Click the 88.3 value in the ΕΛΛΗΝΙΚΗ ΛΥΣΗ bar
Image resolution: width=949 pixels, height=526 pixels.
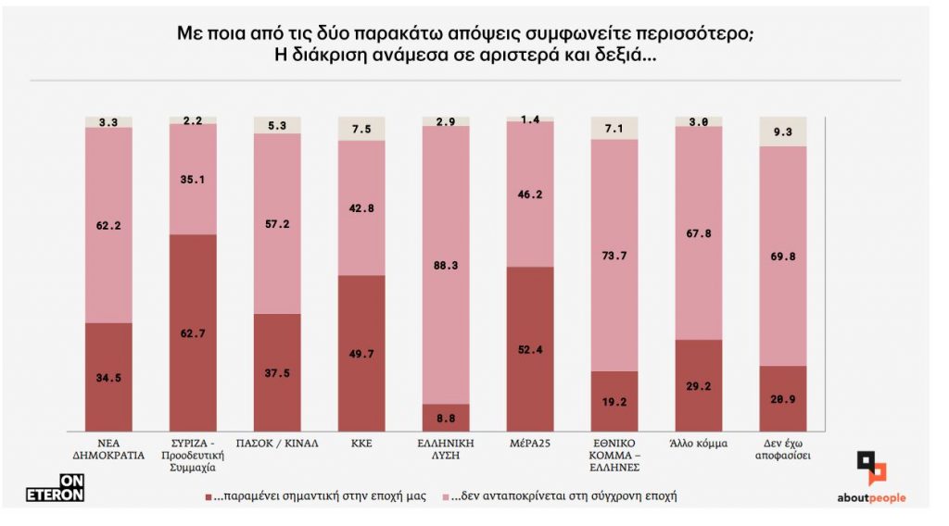click(446, 265)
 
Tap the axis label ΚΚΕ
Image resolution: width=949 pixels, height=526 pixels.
click(361, 444)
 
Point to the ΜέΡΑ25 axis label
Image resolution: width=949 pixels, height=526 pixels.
click(530, 444)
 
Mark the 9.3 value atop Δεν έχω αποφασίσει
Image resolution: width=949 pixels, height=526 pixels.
click(783, 132)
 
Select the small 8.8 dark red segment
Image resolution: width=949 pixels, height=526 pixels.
click(446, 418)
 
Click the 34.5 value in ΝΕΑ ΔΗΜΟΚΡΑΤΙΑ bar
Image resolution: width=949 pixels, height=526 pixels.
click(108, 376)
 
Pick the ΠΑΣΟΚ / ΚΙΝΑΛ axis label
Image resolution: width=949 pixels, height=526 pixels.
click(277, 444)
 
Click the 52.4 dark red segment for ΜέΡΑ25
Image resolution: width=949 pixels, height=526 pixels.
click(530, 349)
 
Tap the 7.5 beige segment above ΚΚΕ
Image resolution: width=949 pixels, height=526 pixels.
click(361, 129)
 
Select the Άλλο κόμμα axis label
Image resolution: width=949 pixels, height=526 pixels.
click(699, 444)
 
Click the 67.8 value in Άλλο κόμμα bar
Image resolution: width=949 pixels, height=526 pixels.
click(699, 232)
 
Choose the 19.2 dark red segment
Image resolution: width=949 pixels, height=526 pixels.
click(614, 401)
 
